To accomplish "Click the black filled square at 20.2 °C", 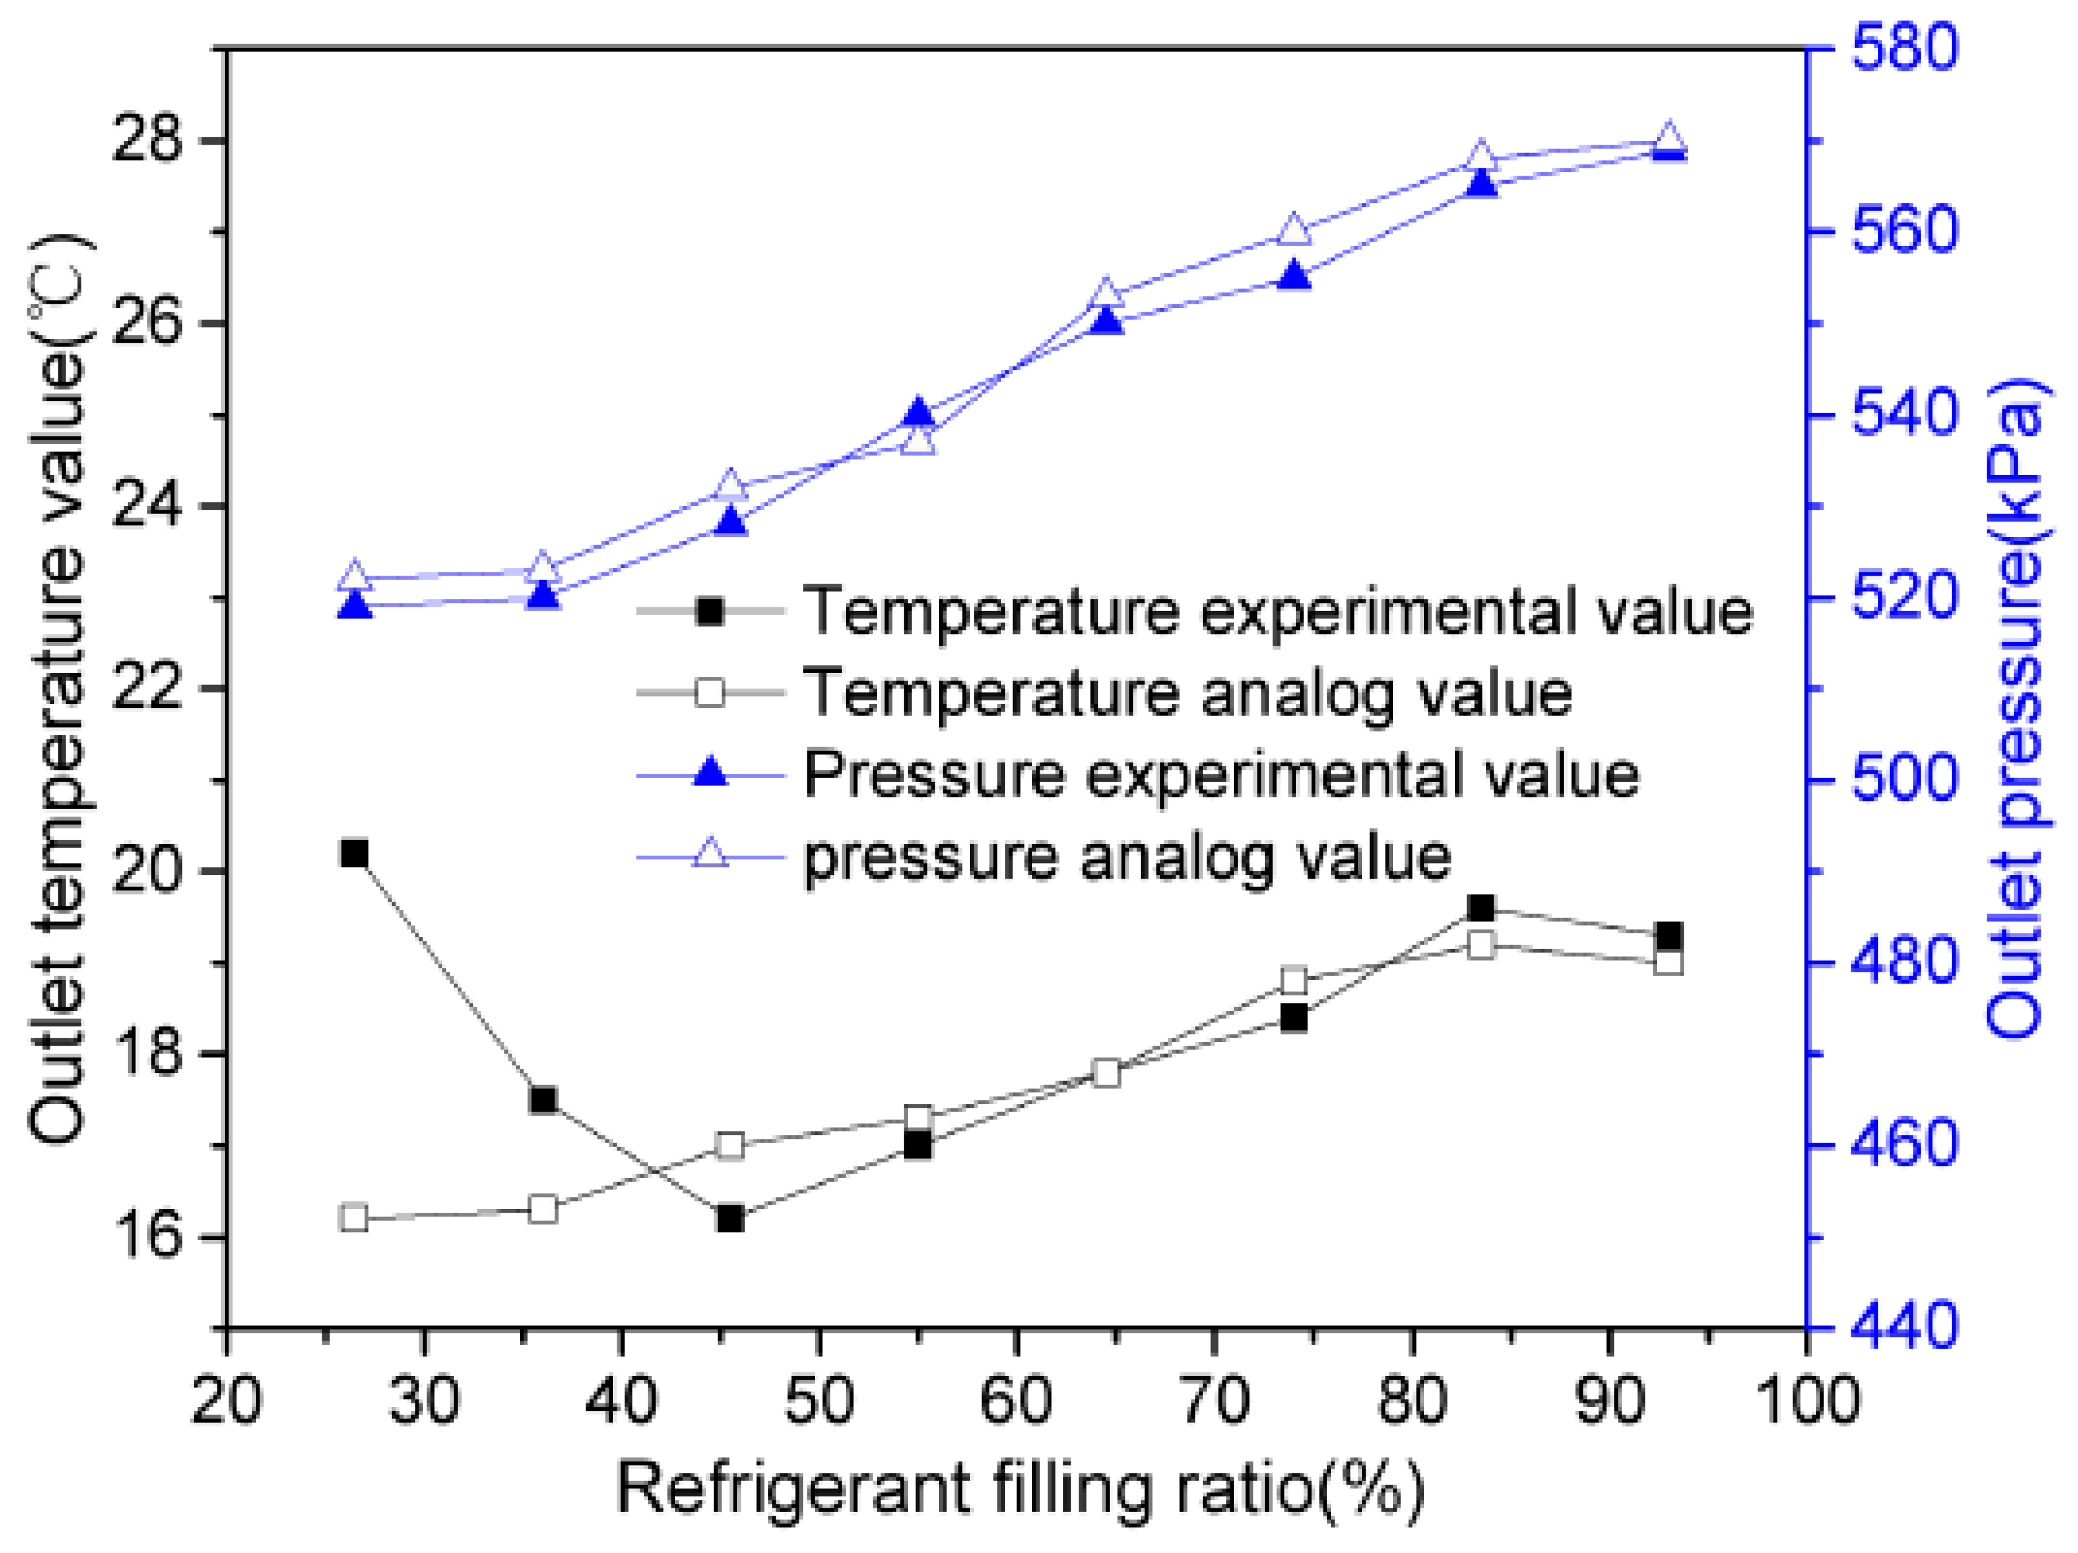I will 354,853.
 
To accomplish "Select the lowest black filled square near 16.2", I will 730,1218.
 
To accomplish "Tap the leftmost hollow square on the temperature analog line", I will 354,1218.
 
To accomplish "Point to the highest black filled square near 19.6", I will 1481,908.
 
